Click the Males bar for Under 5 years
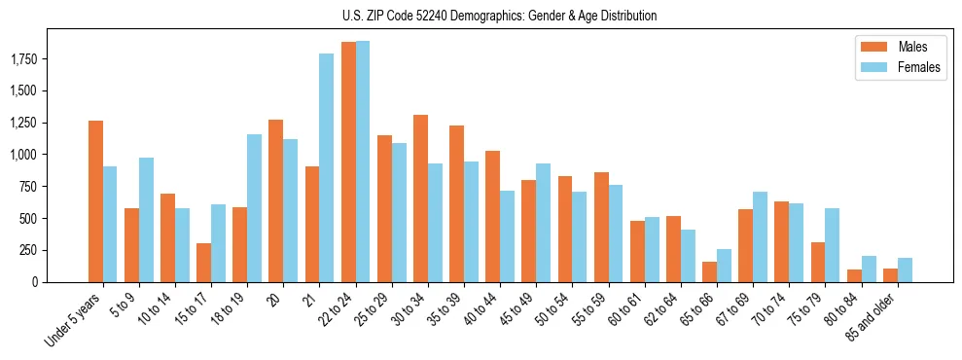pos(95,201)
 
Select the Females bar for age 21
pos(327,167)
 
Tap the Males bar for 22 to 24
pos(348,162)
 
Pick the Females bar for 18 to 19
pos(255,208)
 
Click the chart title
pos(499,16)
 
